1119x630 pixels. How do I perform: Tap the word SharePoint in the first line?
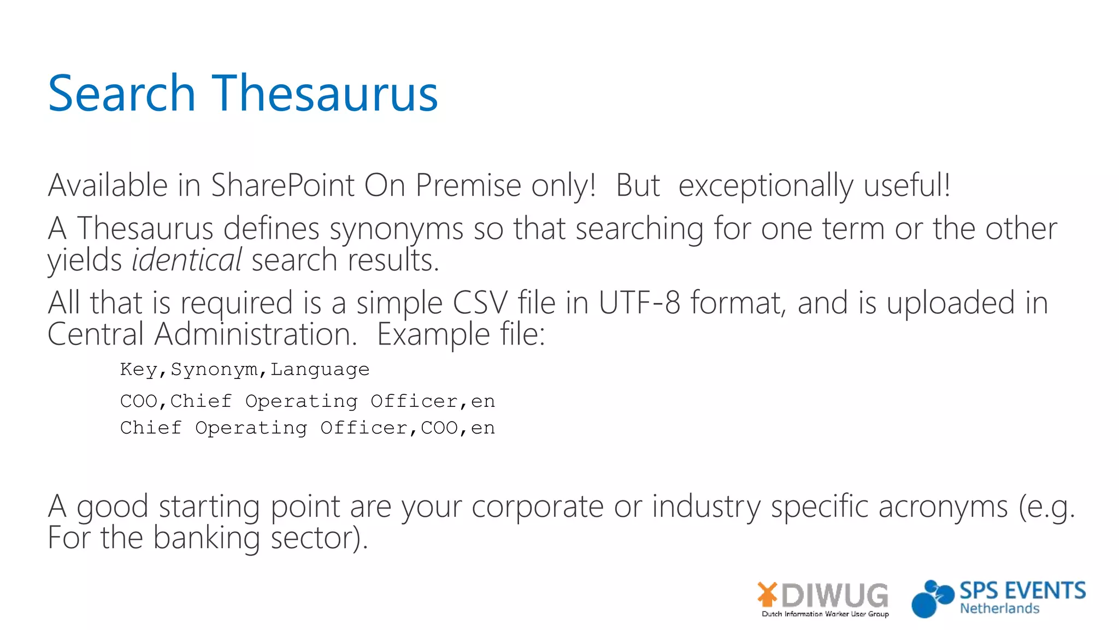pyautogui.click(x=282, y=185)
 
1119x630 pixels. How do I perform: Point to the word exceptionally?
pyautogui.click(x=765, y=185)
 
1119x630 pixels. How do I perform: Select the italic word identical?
pyautogui.click(x=186, y=260)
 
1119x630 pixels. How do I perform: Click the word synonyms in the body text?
pyautogui.click(x=396, y=229)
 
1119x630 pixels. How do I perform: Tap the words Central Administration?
pyautogui.click(x=202, y=334)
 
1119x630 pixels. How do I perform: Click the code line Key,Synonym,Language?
pyautogui.click(x=245, y=370)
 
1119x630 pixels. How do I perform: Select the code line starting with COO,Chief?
pyautogui.click(x=307, y=401)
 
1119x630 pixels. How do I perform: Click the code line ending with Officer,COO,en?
pyautogui.click(x=307, y=428)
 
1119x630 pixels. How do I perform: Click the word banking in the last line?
pyautogui.click(x=206, y=538)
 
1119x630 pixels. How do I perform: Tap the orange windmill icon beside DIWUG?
pyautogui.click(x=767, y=594)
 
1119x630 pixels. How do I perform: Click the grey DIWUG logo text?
pyautogui.click(x=835, y=595)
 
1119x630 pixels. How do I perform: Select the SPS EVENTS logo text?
pyautogui.click(x=1022, y=591)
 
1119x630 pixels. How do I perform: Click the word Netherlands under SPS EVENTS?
pyautogui.click(x=999, y=609)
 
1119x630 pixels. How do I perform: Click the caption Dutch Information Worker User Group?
pyautogui.click(x=825, y=614)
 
